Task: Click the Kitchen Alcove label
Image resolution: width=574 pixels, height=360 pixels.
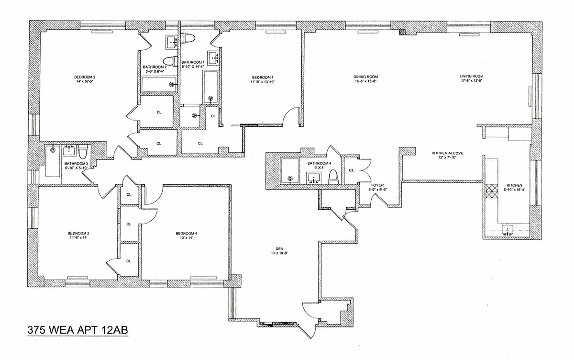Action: coord(447,153)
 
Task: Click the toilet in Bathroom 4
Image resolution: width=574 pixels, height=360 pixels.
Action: coord(334,176)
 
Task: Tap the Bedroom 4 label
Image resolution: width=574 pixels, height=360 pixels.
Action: coord(186,234)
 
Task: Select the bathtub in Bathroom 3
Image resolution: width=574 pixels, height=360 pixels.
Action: coord(52,162)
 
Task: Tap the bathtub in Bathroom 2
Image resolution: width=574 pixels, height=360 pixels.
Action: coord(157,85)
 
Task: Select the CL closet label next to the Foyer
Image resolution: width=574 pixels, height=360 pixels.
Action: coord(351,170)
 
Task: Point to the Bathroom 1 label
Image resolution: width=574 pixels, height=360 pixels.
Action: coord(193,63)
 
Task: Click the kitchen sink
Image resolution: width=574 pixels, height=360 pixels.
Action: coord(507,230)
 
